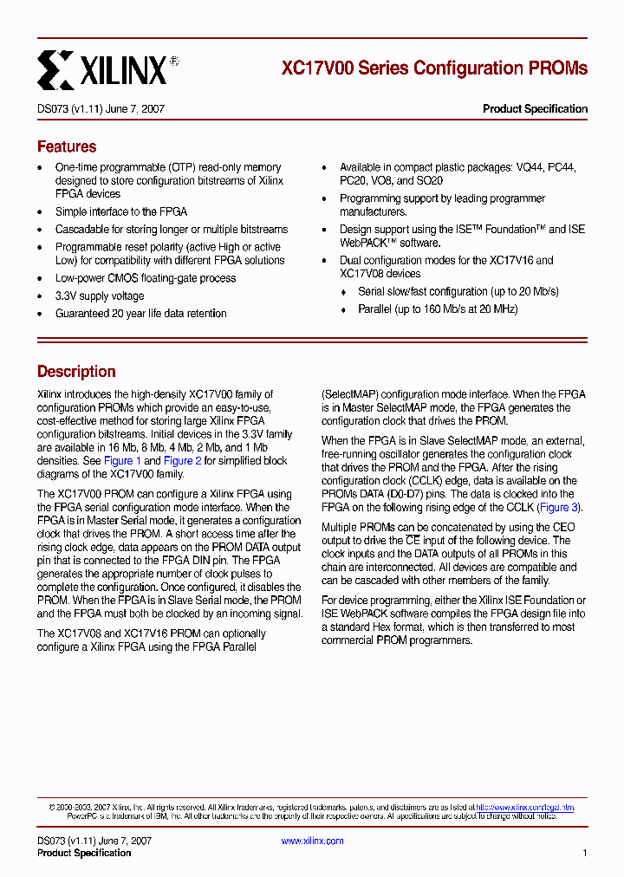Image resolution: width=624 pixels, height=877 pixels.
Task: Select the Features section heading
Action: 67,146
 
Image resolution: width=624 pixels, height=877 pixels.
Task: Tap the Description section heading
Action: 76,371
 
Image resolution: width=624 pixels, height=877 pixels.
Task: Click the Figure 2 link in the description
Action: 182,461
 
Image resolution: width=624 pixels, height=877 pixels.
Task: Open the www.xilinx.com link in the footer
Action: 312,841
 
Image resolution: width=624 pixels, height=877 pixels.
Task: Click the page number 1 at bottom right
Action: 585,854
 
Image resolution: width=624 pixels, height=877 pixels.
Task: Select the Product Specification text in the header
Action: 535,109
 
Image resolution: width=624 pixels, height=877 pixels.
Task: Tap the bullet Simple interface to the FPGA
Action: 121,211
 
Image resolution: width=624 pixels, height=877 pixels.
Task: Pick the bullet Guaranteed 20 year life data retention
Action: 140,314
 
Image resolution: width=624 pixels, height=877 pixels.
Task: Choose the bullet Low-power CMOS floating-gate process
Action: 146,278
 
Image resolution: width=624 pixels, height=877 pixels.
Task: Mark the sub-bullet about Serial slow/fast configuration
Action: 458,292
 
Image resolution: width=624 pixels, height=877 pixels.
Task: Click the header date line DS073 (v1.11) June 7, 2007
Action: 101,109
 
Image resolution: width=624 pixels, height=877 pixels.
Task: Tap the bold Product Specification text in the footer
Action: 84,853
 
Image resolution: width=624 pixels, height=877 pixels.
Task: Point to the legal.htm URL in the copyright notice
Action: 524,807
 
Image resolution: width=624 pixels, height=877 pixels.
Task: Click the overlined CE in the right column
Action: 413,541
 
